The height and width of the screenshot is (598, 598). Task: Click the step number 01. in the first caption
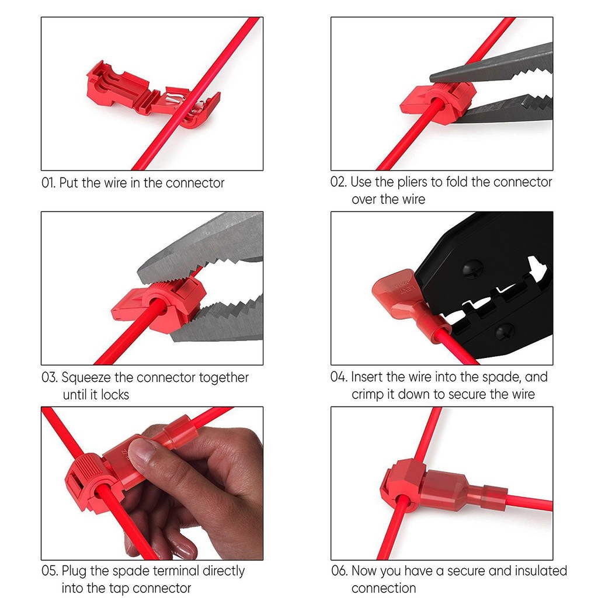pos(48,183)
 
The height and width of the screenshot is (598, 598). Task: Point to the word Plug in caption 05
pos(74,571)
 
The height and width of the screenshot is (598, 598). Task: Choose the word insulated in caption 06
pos(541,571)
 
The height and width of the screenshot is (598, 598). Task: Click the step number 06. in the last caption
pos(339,571)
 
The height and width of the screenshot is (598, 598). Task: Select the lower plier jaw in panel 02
pos(507,110)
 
